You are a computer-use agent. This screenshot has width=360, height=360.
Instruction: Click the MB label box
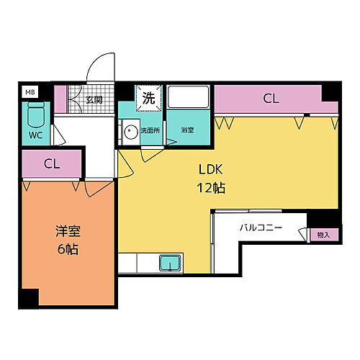(30, 91)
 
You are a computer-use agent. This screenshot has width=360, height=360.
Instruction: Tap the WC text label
(35, 134)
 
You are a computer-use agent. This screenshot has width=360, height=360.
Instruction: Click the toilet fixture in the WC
(35, 114)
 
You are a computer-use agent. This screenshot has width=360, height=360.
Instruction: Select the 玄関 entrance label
(94, 100)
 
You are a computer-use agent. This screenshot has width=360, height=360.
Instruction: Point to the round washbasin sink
(130, 132)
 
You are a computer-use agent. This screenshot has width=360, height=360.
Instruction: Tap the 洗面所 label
(149, 131)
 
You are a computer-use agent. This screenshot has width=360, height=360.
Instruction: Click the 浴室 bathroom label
(188, 130)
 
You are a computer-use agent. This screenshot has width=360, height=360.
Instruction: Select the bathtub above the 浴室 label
(188, 100)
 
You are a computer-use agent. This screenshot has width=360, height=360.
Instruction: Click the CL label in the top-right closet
(270, 99)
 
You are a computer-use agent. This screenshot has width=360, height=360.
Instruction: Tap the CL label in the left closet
(51, 163)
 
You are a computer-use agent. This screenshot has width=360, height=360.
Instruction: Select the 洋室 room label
(68, 232)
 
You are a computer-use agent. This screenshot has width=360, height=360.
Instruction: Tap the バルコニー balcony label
(261, 229)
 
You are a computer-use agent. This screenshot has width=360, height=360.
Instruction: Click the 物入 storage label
(323, 234)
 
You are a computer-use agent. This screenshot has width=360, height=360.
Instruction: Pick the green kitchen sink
(170, 264)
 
